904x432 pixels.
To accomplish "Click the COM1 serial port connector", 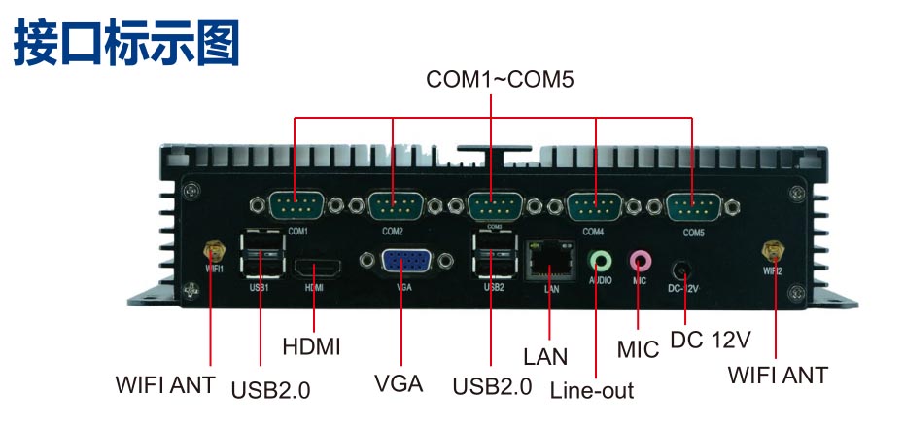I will pyautogui.click(x=295, y=206).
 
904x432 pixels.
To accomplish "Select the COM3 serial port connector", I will pyautogui.click(x=492, y=206).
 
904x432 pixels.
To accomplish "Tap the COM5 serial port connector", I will pyautogui.click(x=692, y=206).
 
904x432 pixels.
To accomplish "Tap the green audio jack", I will pyautogui.click(x=602, y=261).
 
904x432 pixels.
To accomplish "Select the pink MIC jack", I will pyautogui.click(x=639, y=260).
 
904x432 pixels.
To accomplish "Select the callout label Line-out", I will pyautogui.click(x=591, y=391).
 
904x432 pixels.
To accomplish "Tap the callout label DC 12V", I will pyautogui.click(x=711, y=342).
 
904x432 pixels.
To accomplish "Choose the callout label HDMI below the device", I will pyautogui.click(x=311, y=346).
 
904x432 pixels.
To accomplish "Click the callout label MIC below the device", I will pyautogui.click(x=638, y=347).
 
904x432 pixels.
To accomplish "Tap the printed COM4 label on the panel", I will pyautogui.click(x=593, y=233).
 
